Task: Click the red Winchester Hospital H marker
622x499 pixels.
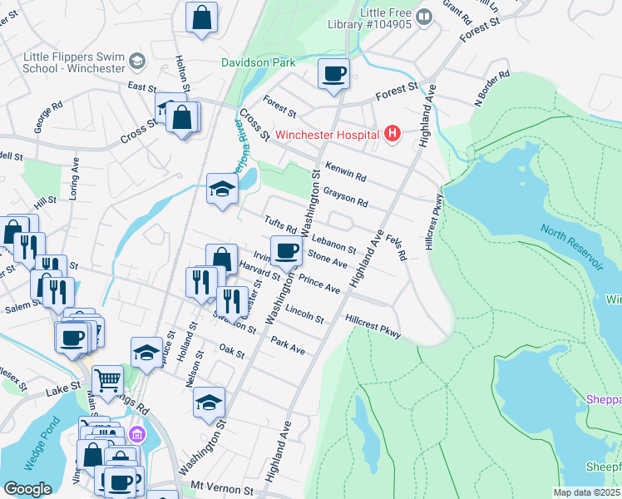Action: (392, 134)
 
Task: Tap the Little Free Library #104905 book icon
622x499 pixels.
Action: (424, 16)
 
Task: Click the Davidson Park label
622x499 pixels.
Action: (259, 62)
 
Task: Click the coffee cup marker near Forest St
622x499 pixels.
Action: (333, 74)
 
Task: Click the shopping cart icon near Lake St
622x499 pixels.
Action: (107, 382)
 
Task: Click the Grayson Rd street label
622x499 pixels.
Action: (346, 195)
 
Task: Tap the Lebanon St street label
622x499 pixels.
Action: (334, 244)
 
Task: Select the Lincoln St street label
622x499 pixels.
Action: (304, 314)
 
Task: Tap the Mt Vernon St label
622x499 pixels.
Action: (220, 485)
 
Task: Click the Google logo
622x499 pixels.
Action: (27, 489)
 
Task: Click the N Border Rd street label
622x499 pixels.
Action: (491, 91)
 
